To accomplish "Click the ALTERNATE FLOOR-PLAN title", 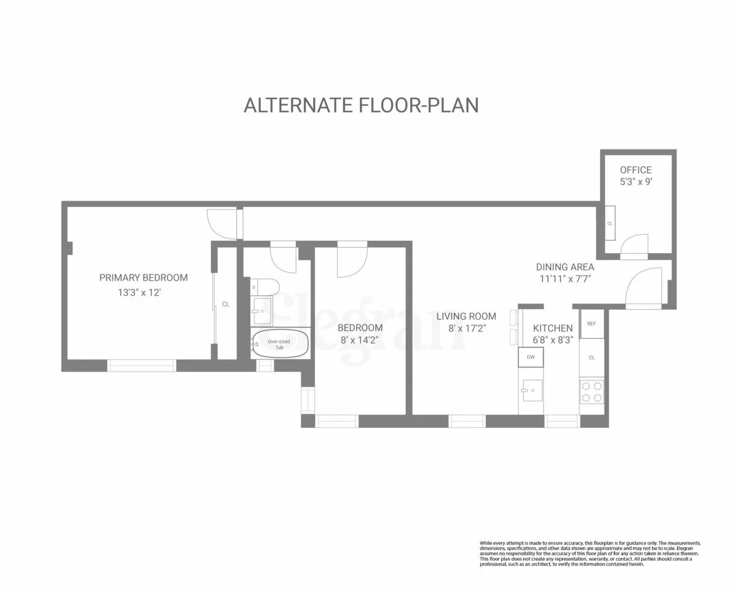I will [x=361, y=105].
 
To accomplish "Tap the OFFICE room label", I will [x=635, y=170].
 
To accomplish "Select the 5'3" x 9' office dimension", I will [x=635, y=182].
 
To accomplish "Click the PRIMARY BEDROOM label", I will [x=143, y=278].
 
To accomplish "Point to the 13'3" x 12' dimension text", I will [x=140, y=293].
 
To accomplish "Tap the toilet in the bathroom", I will [x=268, y=287].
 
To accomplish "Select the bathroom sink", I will [x=262, y=311].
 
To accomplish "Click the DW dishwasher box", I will [x=530, y=357].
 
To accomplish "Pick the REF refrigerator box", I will [x=592, y=324].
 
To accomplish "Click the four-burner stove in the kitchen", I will [x=592, y=392].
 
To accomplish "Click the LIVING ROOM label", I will [x=466, y=316].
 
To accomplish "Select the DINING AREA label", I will [x=565, y=267].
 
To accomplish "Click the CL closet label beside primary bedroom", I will [x=226, y=304].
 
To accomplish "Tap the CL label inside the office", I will [x=610, y=223].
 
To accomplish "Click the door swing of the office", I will [x=635, y=244].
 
